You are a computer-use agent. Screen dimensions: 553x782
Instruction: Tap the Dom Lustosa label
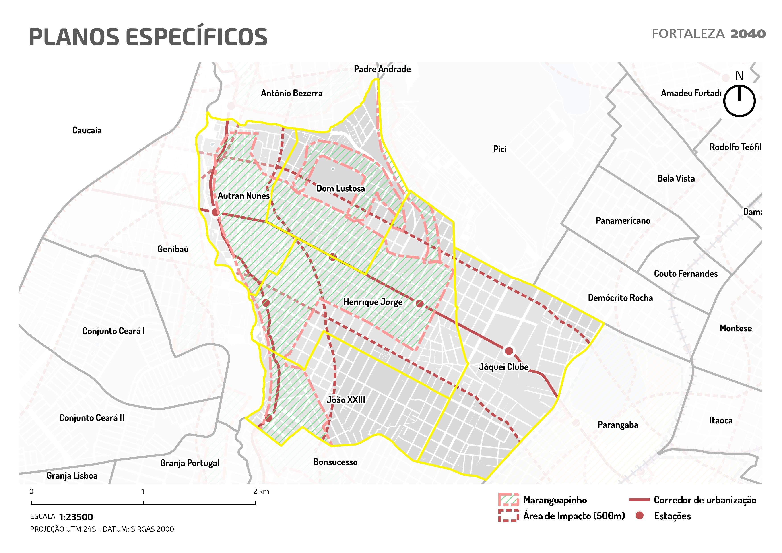click(340, 188)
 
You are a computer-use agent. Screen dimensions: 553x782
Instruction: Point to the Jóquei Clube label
click(503, 367)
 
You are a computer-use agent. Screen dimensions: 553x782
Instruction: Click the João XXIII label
click(346, 400)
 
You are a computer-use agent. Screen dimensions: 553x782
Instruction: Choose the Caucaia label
click(87, 130)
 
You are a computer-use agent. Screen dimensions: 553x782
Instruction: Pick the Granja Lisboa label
click(72, 476)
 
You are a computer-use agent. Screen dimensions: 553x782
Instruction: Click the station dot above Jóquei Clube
click(508, 351)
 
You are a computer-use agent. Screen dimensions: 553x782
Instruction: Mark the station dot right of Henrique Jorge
click(420, 303)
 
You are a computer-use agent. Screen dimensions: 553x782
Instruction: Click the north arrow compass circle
click(739, 101)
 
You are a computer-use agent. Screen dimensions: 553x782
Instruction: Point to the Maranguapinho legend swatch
click(508, 500)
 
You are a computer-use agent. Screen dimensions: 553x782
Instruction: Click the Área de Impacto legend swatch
click(508, 516)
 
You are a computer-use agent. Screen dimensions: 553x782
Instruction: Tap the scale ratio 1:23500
click(76, 517)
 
